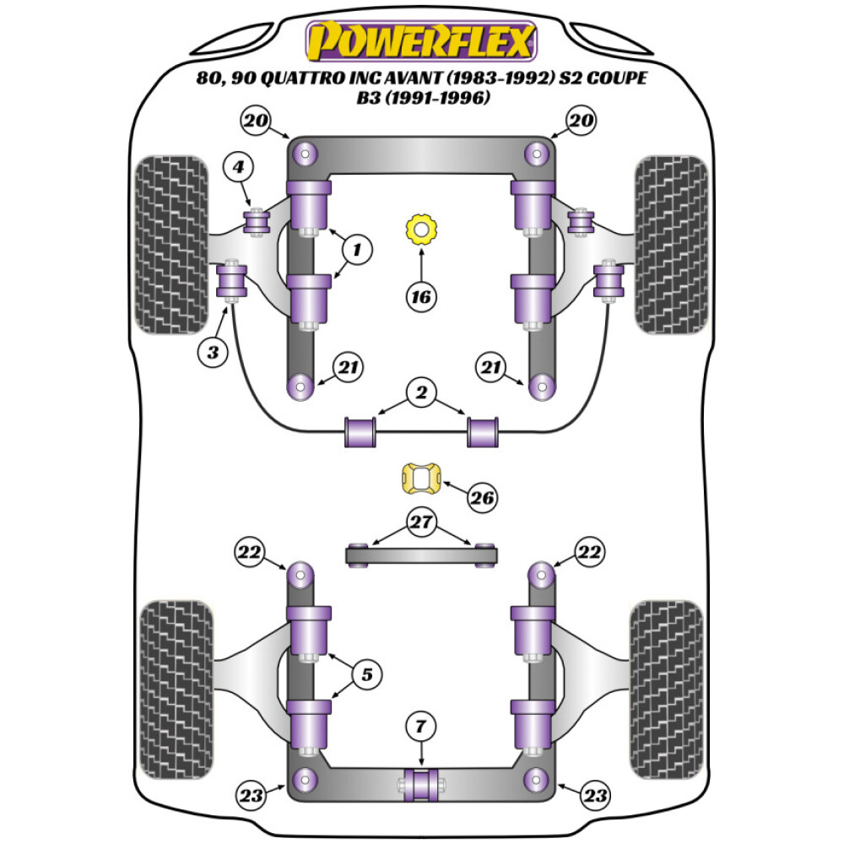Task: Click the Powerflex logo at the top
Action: [421, 40]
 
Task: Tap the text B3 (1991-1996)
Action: [421, 99]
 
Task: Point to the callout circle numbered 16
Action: [420, 296]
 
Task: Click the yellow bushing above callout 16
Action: [419, 229]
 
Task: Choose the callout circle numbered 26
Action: [483, 498]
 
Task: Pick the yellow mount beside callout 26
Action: [419, 479]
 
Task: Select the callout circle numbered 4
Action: [239, 168]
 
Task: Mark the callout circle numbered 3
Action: [213, 351]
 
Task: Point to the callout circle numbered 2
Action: [421, 392]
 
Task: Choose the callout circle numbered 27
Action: [421, 522]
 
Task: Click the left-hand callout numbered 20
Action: [257, 122]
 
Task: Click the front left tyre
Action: [172, 244]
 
